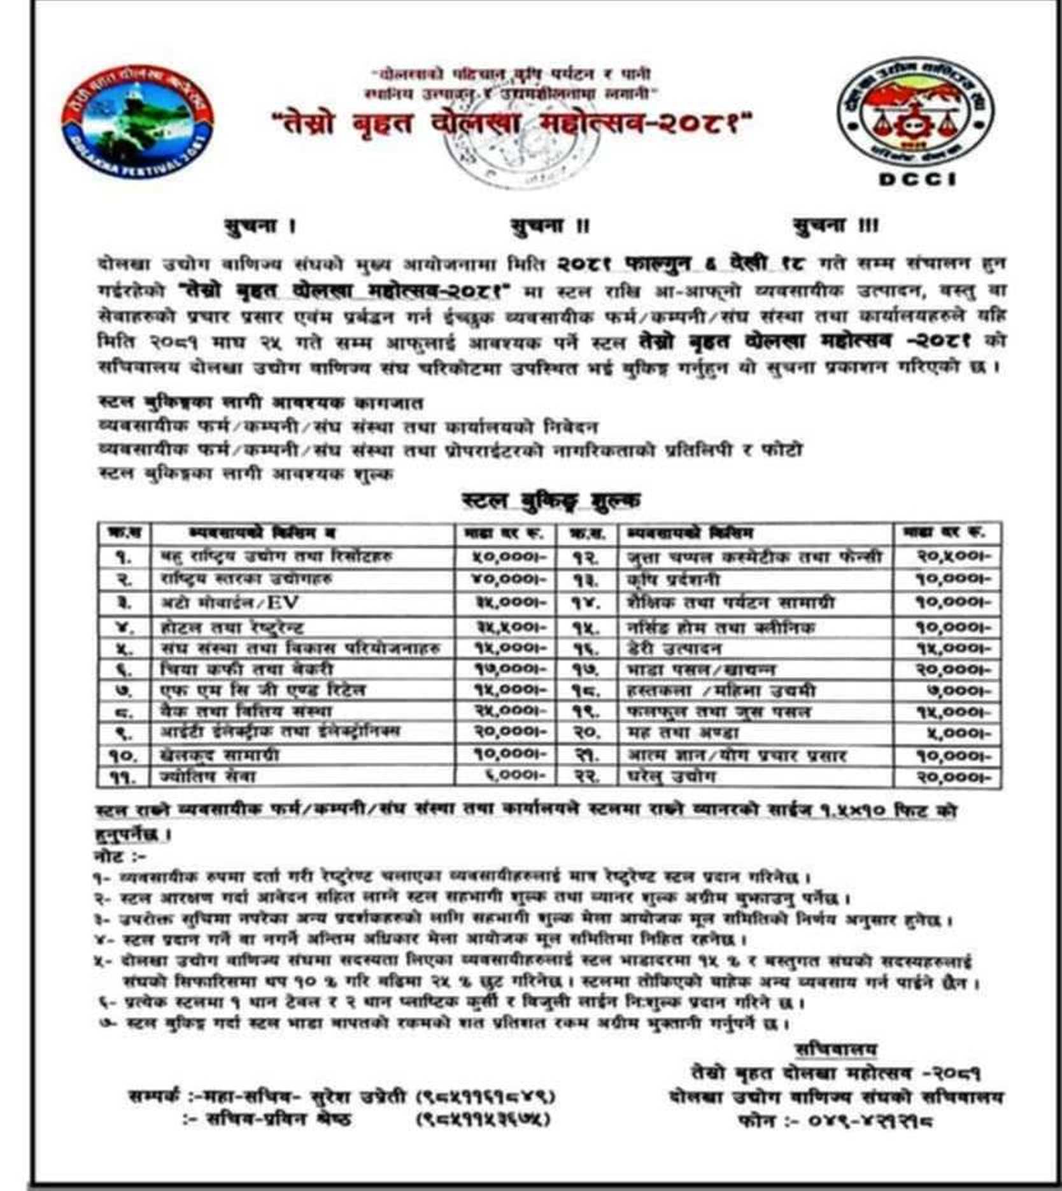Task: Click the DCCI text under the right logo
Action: click(x=917, y=180)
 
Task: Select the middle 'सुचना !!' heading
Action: click(x=550, y=226)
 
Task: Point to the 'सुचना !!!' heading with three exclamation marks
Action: click(x=835, y=225)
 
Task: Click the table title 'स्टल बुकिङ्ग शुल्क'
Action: click(x=550, y=501)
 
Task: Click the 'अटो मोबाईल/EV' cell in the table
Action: click(x=230, y=603)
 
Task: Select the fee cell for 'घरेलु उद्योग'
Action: click(x=953, y=777)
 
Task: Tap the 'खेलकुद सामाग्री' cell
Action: click(x=219, y=755)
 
